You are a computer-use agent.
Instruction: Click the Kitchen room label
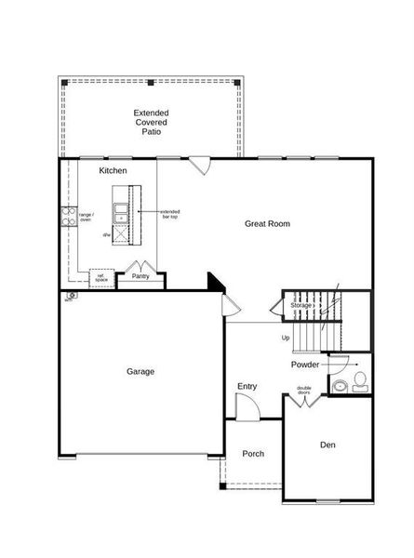click(x=114, y=171)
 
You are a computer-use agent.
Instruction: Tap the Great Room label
click(x=268, y=223)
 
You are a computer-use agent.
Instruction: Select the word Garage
click(x=140, y=371)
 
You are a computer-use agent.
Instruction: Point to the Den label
click(x=327, y=445)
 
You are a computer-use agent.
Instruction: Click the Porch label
click(x=253, y=454)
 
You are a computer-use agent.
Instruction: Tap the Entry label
click(x=247, y=387)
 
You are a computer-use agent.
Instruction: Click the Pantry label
click(x=140, y=276)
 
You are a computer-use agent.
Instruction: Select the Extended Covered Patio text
click(x=152, y=122)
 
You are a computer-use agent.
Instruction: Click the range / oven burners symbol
click(x=68, y=217)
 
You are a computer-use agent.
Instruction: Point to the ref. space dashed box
click(x=101, y=277)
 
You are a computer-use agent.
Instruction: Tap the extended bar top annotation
click(x=170, y=213)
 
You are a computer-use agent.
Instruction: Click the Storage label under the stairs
click(x=300, y=305)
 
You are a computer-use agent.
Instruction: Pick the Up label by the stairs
click(x=286, y=338)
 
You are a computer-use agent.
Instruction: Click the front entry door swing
click(x=246, y=405)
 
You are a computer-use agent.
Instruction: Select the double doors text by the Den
click(x=304, y=391)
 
